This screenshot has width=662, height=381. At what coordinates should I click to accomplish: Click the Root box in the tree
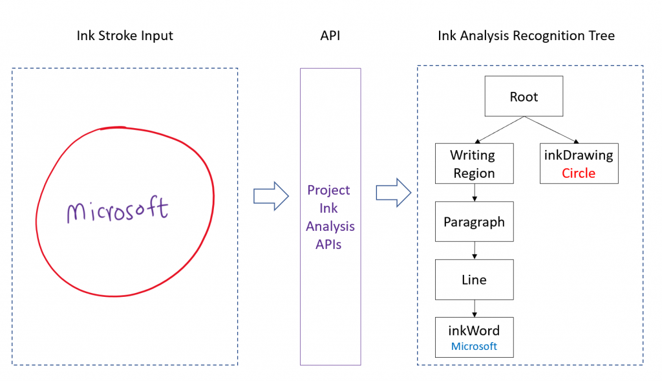pyautogui.click(x=524, y=97)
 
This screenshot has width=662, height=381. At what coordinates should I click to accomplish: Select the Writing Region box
pyautogui.click(x=474, y=164)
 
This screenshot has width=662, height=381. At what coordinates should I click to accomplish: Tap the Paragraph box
pyautogui.click(x=474, y=222)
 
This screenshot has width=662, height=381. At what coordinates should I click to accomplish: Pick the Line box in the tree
pyautogui.click(x=474, y=280)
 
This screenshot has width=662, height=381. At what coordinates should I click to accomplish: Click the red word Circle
pyautogui.click(x=578, y=173)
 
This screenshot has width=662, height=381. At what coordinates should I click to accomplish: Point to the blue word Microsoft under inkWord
pyautogui.click(x=474, y=346)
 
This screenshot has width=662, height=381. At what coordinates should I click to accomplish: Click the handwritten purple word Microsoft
pyautogui.click(x=117, y=210)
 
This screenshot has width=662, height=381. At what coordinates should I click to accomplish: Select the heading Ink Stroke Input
pyautogui.click(x=125, y=36)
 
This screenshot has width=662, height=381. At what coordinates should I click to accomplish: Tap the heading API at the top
pyautogui.click(x=330, y=36)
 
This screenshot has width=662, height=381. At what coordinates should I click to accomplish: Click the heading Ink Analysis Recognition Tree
pyautogui.click(x=526, y=36)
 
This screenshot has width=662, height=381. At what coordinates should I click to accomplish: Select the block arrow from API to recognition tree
pyautogui.click(x=394, y=192)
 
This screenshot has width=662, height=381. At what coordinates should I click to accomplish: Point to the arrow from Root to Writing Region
pyautogui.click(x=499, y=131)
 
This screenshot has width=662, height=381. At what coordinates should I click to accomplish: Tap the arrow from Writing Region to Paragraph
pyautogui.click(x=475, y=193)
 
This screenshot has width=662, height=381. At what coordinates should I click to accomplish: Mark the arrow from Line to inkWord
pyautogui.click(x=475, y=309)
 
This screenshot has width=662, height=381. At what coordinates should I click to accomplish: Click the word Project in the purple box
pyautogui.click(x=329, y=190)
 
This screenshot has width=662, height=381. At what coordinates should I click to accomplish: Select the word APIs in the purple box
pyautogui.click(x=329, y=245)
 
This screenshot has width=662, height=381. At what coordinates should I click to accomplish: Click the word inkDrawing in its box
pyautogui.click(x=578, y=155)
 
